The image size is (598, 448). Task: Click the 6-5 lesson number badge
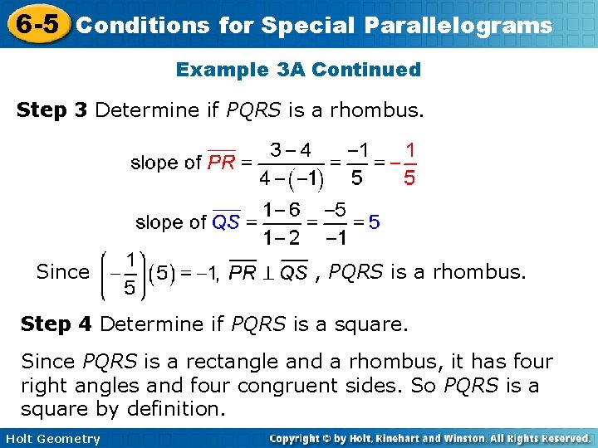point(36,23)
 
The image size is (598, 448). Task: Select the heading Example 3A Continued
point(298,70)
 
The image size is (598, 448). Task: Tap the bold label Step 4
point(56,324)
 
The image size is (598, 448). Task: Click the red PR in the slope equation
point(222,163)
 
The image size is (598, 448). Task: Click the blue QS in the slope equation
point(226,222)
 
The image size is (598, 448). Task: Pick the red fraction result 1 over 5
point(409,163)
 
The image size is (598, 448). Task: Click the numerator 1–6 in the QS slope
point(281,209)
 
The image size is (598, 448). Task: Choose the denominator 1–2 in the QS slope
point(281,237)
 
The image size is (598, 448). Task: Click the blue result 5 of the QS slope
point(375,222)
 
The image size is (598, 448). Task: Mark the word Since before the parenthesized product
point(62,272)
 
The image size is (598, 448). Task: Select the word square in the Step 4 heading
point(372,324)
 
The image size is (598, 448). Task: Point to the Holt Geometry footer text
point(51,439)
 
